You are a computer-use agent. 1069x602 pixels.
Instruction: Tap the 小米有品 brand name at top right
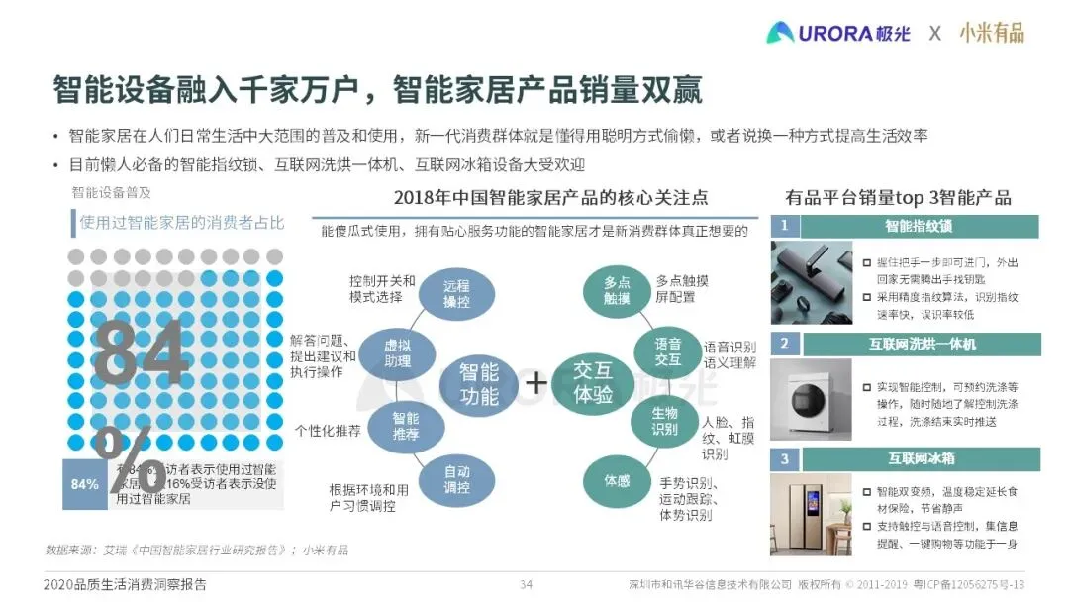point(991,32)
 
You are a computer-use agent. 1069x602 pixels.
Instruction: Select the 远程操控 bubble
point(455,293)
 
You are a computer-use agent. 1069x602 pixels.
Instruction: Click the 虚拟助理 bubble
point(397,351)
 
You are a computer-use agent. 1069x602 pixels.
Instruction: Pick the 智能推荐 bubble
point(405,426)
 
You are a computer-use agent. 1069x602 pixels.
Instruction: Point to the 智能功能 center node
point(479,384)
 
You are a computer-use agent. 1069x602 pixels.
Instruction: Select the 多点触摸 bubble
point(617,290)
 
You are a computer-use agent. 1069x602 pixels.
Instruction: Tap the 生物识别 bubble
point(664,420)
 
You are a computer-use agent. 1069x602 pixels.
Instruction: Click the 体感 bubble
point(617,480)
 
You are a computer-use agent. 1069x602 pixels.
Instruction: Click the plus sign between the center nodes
point(535,383)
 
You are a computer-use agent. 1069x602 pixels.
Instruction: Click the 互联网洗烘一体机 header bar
point(922,344)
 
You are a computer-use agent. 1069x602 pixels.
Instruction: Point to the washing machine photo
point(810,398)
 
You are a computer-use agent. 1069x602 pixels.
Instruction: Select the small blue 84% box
point(84,484)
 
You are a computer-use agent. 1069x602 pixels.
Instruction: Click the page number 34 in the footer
point(527,584)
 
